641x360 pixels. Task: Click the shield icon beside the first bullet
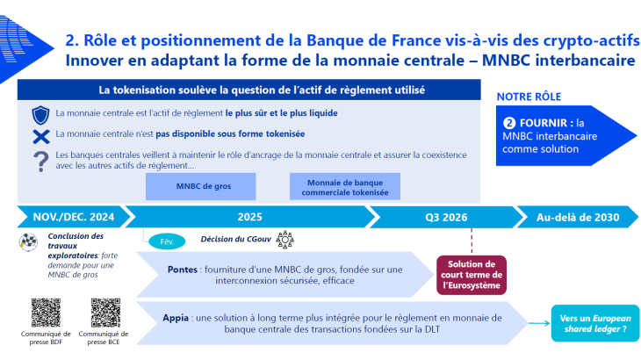click(x=40, y=114)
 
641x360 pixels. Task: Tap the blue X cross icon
click(x=40, y=135)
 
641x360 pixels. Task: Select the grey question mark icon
click(x=40, y=161)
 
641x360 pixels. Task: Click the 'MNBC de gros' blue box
click(x=201, y=186)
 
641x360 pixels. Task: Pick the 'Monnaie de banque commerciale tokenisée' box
click(x=344, y=186)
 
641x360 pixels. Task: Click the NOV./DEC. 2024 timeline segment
click(x=74, y=217)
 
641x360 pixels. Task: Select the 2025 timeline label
click(x=249, y=217)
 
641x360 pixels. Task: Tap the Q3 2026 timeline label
click(x=445, y=217)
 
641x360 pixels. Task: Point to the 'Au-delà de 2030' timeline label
click(x=577, y=217)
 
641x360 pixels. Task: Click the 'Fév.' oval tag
click(x=167, y=240)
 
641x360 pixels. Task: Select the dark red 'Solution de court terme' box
click(x=472, y=271)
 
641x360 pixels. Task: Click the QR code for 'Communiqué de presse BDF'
click(x=47, y=313)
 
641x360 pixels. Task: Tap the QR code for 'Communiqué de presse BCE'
click(x=105, y=313)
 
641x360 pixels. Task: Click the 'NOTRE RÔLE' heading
click(x=529, y=96)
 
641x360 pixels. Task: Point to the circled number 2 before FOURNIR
click(x=510, y=123)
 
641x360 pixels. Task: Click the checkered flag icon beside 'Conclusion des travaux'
click(x=29, y=241)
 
